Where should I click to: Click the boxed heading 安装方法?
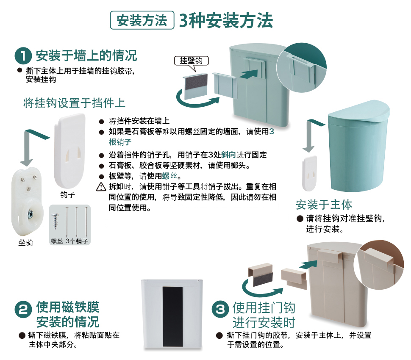[x=142, y=20]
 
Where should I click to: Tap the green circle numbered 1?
[x=23, y=55]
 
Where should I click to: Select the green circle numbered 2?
[x=23, y=310]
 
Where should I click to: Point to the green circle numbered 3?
[x=220, y=309]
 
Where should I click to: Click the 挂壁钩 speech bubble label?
[x=192, y=61]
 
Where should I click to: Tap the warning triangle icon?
[x=101, y=187]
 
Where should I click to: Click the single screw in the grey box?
[x=55, y=221]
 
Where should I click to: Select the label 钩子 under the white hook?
[x=68, y=195]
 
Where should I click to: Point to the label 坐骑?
[x=26, y=242]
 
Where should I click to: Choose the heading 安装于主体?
[x=324, y=205]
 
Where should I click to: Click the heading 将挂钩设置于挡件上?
[x=74, y=103]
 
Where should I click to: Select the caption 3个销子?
[x=77, y=241]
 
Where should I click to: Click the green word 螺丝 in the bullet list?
[x=169, y=176]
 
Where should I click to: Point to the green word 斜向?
[x=228, y=155]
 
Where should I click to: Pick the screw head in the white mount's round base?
[x=31, y=214]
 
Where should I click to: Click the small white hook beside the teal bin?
[x=310, y=174]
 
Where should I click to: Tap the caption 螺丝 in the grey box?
[x=57, y=241]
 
